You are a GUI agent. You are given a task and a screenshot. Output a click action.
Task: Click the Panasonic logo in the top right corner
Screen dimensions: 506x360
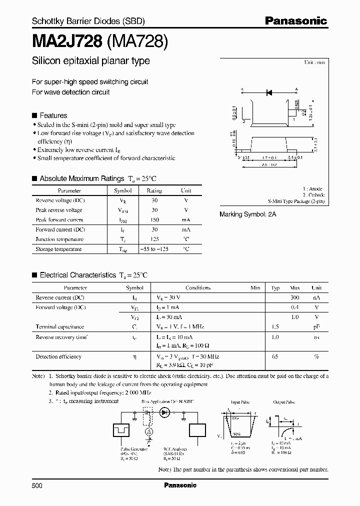coord(295,21)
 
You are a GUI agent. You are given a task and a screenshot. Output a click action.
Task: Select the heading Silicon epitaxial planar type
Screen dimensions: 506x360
coord(91,61)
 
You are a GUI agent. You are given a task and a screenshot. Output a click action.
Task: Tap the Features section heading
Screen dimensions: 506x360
coord(53,115)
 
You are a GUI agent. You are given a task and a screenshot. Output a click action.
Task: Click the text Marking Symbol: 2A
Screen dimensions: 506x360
coord(248,213)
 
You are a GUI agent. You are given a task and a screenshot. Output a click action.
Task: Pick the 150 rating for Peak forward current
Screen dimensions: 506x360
coord(154,220)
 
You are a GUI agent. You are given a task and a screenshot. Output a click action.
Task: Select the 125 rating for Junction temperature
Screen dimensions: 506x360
coord(154,239)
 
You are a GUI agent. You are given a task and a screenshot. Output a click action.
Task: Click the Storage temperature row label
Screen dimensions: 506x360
coord(58,249)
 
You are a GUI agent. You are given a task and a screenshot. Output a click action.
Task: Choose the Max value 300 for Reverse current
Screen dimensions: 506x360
coord(295,297)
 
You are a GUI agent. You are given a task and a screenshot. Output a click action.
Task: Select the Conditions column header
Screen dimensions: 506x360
coord(198,288)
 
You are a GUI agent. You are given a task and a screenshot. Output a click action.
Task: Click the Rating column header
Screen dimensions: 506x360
coord(154,190)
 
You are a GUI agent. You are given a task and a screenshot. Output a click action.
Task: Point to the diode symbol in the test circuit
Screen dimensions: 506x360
coord(164,413)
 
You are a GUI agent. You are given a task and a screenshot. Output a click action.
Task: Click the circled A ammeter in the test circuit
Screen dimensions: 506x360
coord(148,431)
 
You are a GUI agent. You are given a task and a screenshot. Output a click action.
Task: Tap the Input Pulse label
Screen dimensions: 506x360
coord(239,401)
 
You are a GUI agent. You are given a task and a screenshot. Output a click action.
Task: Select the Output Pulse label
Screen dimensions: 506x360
coord(282,401)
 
